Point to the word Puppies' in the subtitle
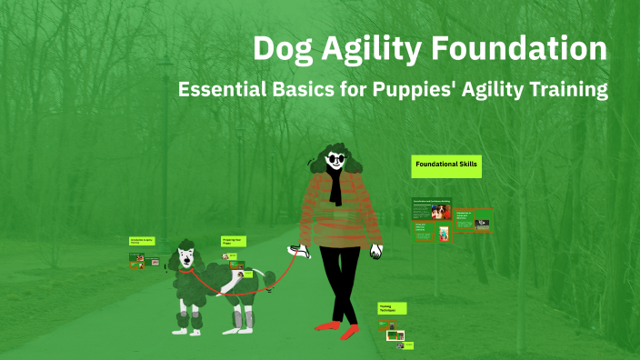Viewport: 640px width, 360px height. pyautogui.click(x=394, y=90)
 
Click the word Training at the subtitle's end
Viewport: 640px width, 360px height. pyautogui.click(x=565, y=90)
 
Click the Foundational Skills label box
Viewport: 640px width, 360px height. pyautogui.click(x=445, y=165)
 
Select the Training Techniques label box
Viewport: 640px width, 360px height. pyautogui.click(x=392, y=309)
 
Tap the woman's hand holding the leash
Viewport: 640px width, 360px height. pyautogui.click(x=293, y=250)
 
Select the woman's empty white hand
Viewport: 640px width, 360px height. pyautogui.click(x=375, y=253)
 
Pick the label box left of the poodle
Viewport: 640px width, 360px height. pyautogui.click(x=141, y=241)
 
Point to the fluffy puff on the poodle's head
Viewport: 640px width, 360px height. pyautogui.click(x=185, y=244)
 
